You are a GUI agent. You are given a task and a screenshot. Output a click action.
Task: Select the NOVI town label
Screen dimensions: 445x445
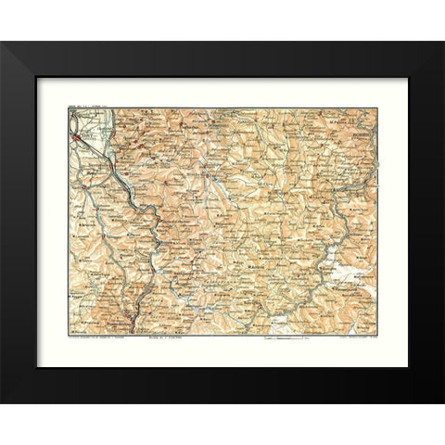pyautogui.click(x=89, y=132)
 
